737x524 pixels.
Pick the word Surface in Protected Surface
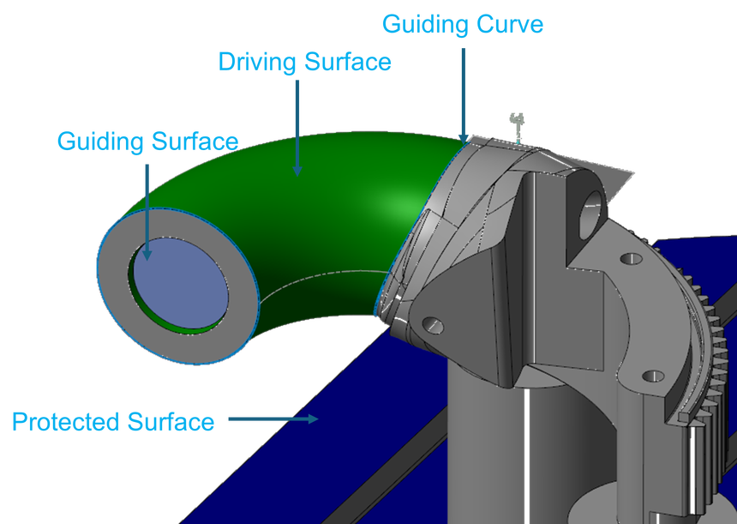point(171,422)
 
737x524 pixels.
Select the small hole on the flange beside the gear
point(653,375)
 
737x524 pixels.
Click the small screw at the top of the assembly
point(517,125)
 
